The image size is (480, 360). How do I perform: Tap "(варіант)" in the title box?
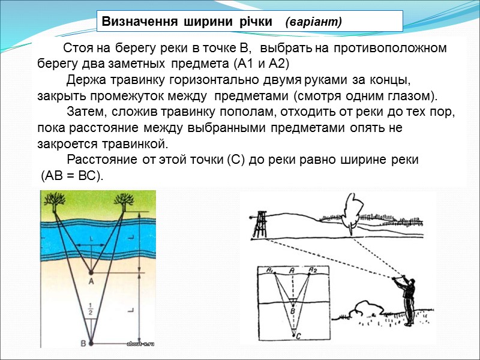pos(314,22)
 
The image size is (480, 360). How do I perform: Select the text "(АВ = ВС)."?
pos(72,176)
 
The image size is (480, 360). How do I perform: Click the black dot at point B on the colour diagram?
pos(91,343)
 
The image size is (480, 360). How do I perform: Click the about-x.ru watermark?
pos(140,344)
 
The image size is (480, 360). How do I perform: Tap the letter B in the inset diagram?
pos(293,311)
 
